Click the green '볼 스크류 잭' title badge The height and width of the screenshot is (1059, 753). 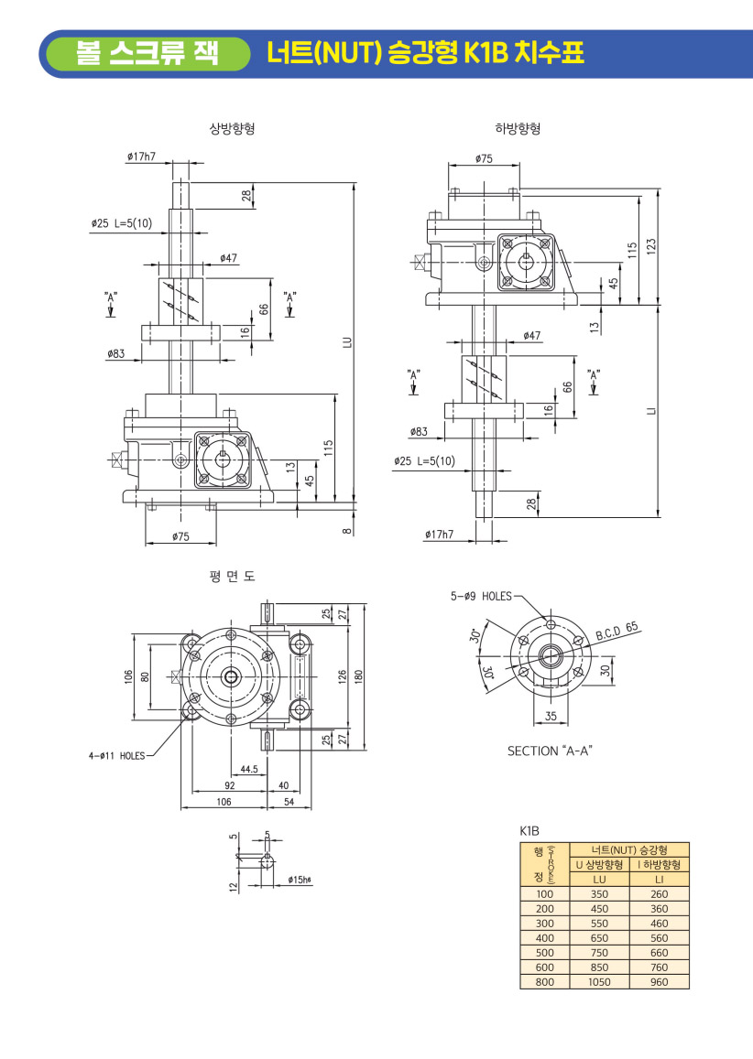(147, 53)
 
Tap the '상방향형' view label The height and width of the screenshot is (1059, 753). (232, 128)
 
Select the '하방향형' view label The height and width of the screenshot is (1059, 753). (518, 128)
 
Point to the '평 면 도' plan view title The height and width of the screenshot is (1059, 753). (232, 577)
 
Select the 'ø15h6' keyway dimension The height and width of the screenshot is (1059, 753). (300, 880)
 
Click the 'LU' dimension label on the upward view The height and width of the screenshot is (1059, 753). (347, 342)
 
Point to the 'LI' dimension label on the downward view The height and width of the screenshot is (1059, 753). (649, 411)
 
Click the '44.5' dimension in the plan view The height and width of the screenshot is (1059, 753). (247, 770)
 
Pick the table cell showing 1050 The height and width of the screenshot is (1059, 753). (599, 982)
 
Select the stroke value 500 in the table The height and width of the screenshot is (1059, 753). (545, 953)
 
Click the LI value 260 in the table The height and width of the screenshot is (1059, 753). (659, 894)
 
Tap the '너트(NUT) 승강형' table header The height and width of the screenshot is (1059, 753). (629, 849)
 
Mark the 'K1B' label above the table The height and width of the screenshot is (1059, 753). (529, 831)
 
